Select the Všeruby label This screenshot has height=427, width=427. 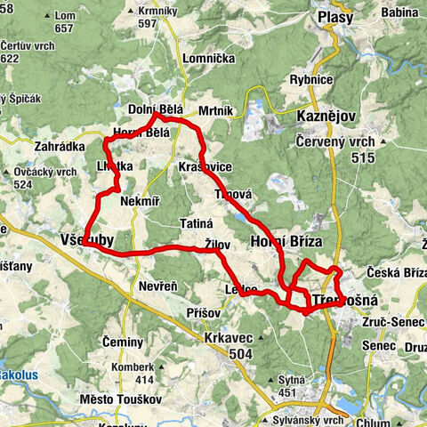(x=87, y=241)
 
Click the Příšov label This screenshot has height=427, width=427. (x=205, y=313)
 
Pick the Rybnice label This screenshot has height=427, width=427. (x=310, y=79)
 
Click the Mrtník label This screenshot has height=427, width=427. (x=215, y=110)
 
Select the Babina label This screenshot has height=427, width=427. (x=399, y=12)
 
